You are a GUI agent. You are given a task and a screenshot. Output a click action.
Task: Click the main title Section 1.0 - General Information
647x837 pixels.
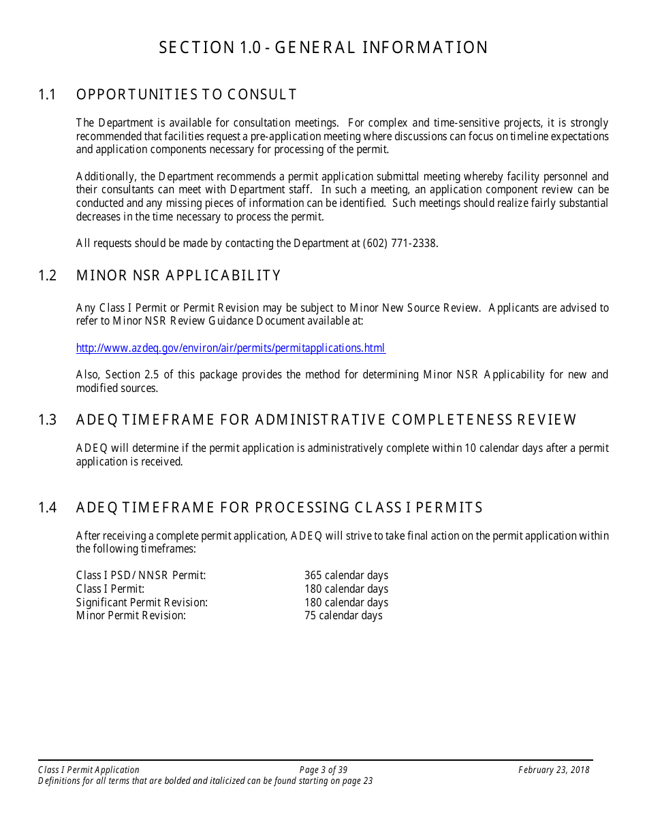click(323, 48)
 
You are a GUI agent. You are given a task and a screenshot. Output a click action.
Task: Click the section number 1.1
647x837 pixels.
click(47, 95)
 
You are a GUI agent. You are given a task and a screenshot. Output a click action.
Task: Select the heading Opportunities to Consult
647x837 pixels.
click(187, 95)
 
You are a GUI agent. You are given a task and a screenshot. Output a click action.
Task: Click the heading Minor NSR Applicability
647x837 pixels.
click(178, 276)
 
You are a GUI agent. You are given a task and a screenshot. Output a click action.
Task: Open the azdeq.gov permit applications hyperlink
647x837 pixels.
click(230, 348)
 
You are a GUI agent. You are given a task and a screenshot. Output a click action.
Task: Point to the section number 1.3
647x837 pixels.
click(47, 420)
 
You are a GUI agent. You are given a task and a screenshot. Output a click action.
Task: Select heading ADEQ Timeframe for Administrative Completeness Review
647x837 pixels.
click(326, 420)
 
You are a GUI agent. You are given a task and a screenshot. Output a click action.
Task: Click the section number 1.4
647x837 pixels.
click(47, 508)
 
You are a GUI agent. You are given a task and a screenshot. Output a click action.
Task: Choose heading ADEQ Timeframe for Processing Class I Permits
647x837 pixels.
click(279, 508)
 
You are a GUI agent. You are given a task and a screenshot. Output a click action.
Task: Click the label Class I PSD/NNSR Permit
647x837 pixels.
click(141, 576)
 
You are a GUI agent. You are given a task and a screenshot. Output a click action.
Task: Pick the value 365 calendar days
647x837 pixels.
click(346, 576)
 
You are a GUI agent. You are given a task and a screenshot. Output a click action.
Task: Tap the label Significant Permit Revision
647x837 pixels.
click(142, 602)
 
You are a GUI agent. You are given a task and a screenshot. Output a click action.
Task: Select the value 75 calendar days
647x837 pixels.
click(343, 616)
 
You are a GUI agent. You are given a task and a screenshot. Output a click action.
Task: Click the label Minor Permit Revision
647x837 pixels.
click(131, 616)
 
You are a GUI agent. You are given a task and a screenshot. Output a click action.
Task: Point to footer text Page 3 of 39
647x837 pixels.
click(323, 770)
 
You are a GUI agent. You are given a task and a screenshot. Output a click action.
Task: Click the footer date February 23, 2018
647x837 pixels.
click(553, 770)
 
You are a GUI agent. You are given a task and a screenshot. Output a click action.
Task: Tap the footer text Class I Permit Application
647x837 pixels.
click(89, 770)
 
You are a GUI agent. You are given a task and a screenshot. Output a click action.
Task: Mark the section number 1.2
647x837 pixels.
click(47, 276)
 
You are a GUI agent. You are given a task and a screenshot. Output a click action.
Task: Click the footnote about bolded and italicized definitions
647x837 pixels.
click(206, 781)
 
